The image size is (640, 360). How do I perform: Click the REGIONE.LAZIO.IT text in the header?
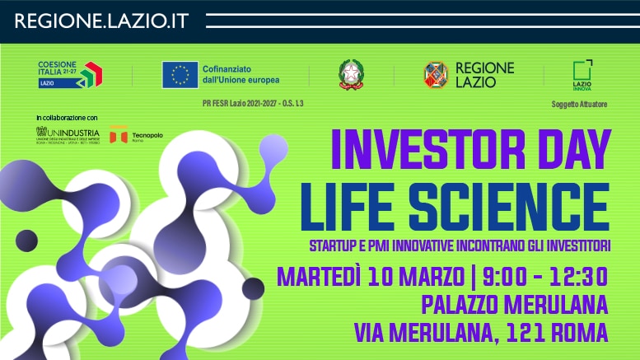tap(101, 21)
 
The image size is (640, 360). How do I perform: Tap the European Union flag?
tap(179, 75)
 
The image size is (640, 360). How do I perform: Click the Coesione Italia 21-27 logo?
tap(69, 75)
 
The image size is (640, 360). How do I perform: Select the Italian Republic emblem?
tap(351, 75)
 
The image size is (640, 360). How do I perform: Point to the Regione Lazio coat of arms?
tap(436, 75)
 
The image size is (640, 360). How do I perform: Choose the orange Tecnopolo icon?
tap(119, 133)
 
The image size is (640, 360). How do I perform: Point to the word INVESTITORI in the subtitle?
tap(568, 245)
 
